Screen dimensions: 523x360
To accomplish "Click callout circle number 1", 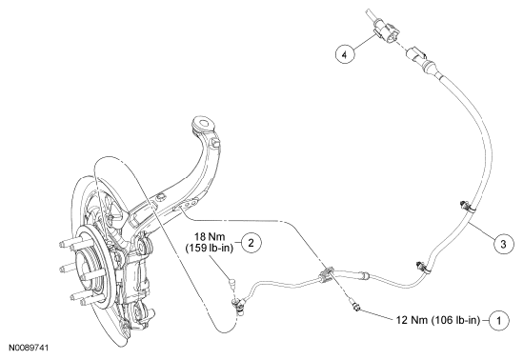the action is click(x=499, y=320).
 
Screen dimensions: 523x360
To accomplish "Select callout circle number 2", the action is click(x=251, y=242).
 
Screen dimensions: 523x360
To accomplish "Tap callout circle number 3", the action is click(x=503, y=245).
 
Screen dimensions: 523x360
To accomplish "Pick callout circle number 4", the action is click(x=345, y=54).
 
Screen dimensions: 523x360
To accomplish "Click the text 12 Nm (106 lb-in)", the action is click(x=438, y=320).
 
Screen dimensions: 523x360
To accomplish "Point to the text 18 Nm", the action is click(x=210, y=236).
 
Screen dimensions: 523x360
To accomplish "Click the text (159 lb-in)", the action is click(x=210, y=249).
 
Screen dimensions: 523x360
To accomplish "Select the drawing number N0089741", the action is click(x=29, y=348).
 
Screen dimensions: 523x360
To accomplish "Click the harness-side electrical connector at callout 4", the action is click(x=386, y=31).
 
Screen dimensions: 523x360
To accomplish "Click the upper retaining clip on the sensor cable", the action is click(x=467, y=207).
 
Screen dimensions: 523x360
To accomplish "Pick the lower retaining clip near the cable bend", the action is click(x=422, y=267).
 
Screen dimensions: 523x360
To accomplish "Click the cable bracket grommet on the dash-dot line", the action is click(x=326, y=275).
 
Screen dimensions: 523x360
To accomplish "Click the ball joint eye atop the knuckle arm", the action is click(x=204, y=124).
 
